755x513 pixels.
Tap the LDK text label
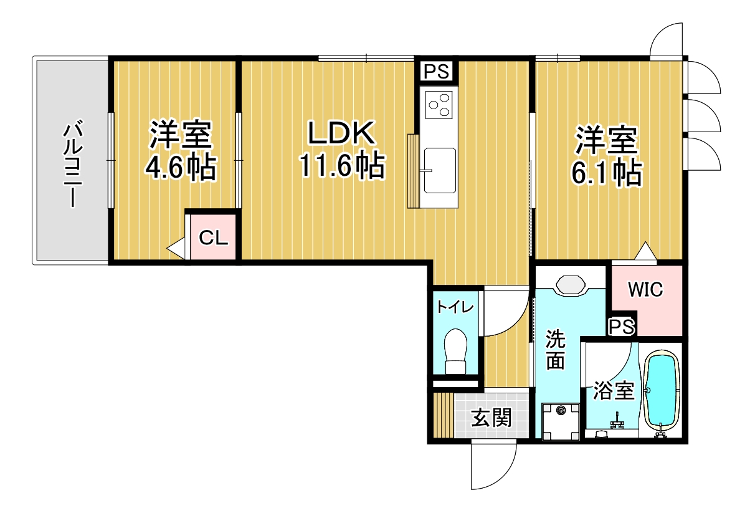coord(341,133)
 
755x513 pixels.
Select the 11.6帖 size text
coord(342,165)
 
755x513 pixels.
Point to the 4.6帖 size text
coord(180,167)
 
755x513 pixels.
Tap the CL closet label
coord(213,238)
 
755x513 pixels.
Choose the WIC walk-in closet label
coord(645,289)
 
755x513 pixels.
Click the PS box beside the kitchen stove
coord(436,72)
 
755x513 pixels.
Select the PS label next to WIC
coord(622,327)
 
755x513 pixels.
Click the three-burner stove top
coord(439,105)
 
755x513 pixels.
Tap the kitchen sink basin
coord(440,170)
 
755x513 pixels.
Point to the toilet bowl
coord(456,351)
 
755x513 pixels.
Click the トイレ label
coord(455,307)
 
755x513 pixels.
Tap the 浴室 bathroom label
coord(614,391)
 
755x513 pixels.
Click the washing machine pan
coord(561,422)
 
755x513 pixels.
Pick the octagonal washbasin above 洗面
coord(569,286)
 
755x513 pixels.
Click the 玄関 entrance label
coord(491,418)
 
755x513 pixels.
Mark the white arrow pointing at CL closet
coord(176,249)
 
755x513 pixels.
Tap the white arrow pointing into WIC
coord(645,251)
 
